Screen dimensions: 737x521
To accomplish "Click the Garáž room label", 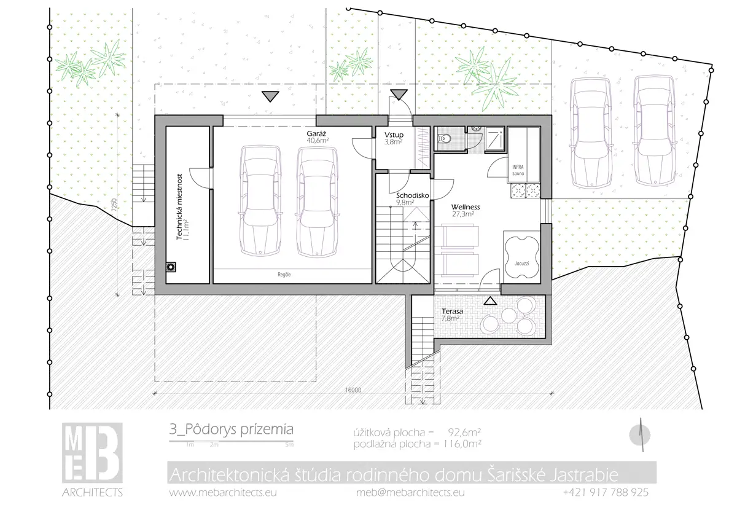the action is pyautogui.click(x=316, y=133).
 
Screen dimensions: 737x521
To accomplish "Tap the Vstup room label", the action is pyautogui.click(x=394, y=135).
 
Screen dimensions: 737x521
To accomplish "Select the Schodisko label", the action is pyautogui.click(x=413, y=195).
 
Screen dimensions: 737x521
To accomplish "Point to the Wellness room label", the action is pyautogui.click(x=466, y=207).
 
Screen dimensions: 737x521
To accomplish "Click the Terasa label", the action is pyautogui.click(x=452, y=311).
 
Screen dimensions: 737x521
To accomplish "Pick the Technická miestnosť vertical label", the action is pyautogui.click(x=179, y=206).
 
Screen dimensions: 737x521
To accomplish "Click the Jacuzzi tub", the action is pyautogui.click(x=522, y=259).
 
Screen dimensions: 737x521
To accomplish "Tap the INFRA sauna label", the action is pyautogui.click(x=518, y=170).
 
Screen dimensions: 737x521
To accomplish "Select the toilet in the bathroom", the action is pyautogui.click(x=443, y=139).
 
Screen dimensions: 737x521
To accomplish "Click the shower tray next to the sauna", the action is pyautogui.click(x=494, y=139).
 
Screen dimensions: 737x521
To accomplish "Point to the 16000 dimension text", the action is pyautogui.click(x=353, y=390).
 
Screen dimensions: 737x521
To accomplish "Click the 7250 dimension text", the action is pyautogui.click(x=114, y=205).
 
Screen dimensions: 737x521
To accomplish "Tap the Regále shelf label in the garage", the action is pyautogui.click(x=284, y=275).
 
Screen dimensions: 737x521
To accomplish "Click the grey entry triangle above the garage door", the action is pyautogui.click(x=270, y=96).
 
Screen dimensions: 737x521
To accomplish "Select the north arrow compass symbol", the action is pyautogui.click(x=640, y=435).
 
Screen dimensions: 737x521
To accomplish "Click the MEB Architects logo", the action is pyautogui.click(x=93, y=459).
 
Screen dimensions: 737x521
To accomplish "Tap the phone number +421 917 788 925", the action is pyautogui.click(x=606, y=492).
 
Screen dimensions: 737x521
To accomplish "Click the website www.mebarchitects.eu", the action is pyautogui.click(x=223, y=492).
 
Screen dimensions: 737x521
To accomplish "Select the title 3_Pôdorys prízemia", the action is pyautogui.click(x=232, y=430).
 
